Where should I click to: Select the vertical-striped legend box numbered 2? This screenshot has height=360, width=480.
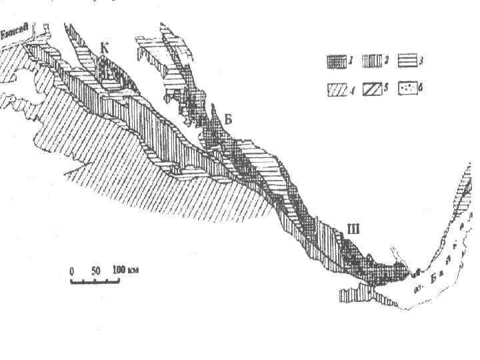[x=371, y=62]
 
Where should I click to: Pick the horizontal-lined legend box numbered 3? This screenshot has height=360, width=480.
[x=407, y=62]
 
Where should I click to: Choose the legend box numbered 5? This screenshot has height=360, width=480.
[x=371, y=88]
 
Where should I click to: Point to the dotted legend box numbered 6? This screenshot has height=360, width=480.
[x=407, y=88]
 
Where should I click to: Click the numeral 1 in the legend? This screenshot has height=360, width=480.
[x=351, y=62]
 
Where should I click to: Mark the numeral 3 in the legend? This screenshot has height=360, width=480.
[x=421, y=62]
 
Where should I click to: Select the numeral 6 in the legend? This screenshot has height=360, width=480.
[x=422, y=89]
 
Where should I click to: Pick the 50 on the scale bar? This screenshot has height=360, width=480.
[x=95, y=271]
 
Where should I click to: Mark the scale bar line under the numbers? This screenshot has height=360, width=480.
[x=95, y=281]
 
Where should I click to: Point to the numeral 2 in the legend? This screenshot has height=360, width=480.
[x=386, y=62]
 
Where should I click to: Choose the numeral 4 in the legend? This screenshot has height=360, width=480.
[x=351, y=89]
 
